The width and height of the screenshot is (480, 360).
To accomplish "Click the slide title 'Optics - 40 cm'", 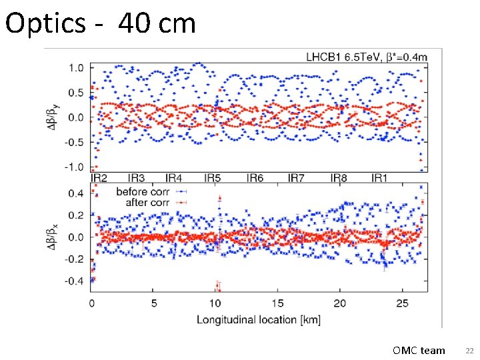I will (x=100, y=23).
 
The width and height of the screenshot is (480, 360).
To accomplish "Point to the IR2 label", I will (x=99, y=178).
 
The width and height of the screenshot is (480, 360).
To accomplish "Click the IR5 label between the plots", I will (x=213, y=178).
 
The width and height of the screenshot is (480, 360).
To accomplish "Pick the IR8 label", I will (x=339, y=178).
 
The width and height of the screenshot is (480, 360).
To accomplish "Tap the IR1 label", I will (x=379, y=178).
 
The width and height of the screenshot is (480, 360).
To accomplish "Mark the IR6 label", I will (x=255, y=178).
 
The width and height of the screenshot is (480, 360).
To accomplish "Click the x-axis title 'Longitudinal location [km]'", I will (x=258, y=320).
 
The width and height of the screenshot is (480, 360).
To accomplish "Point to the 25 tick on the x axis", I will (x=403, y=304).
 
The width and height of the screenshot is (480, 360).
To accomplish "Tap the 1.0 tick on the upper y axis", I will (x=76, y=68).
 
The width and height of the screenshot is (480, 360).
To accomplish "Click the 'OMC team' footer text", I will (x=419, y=350).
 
